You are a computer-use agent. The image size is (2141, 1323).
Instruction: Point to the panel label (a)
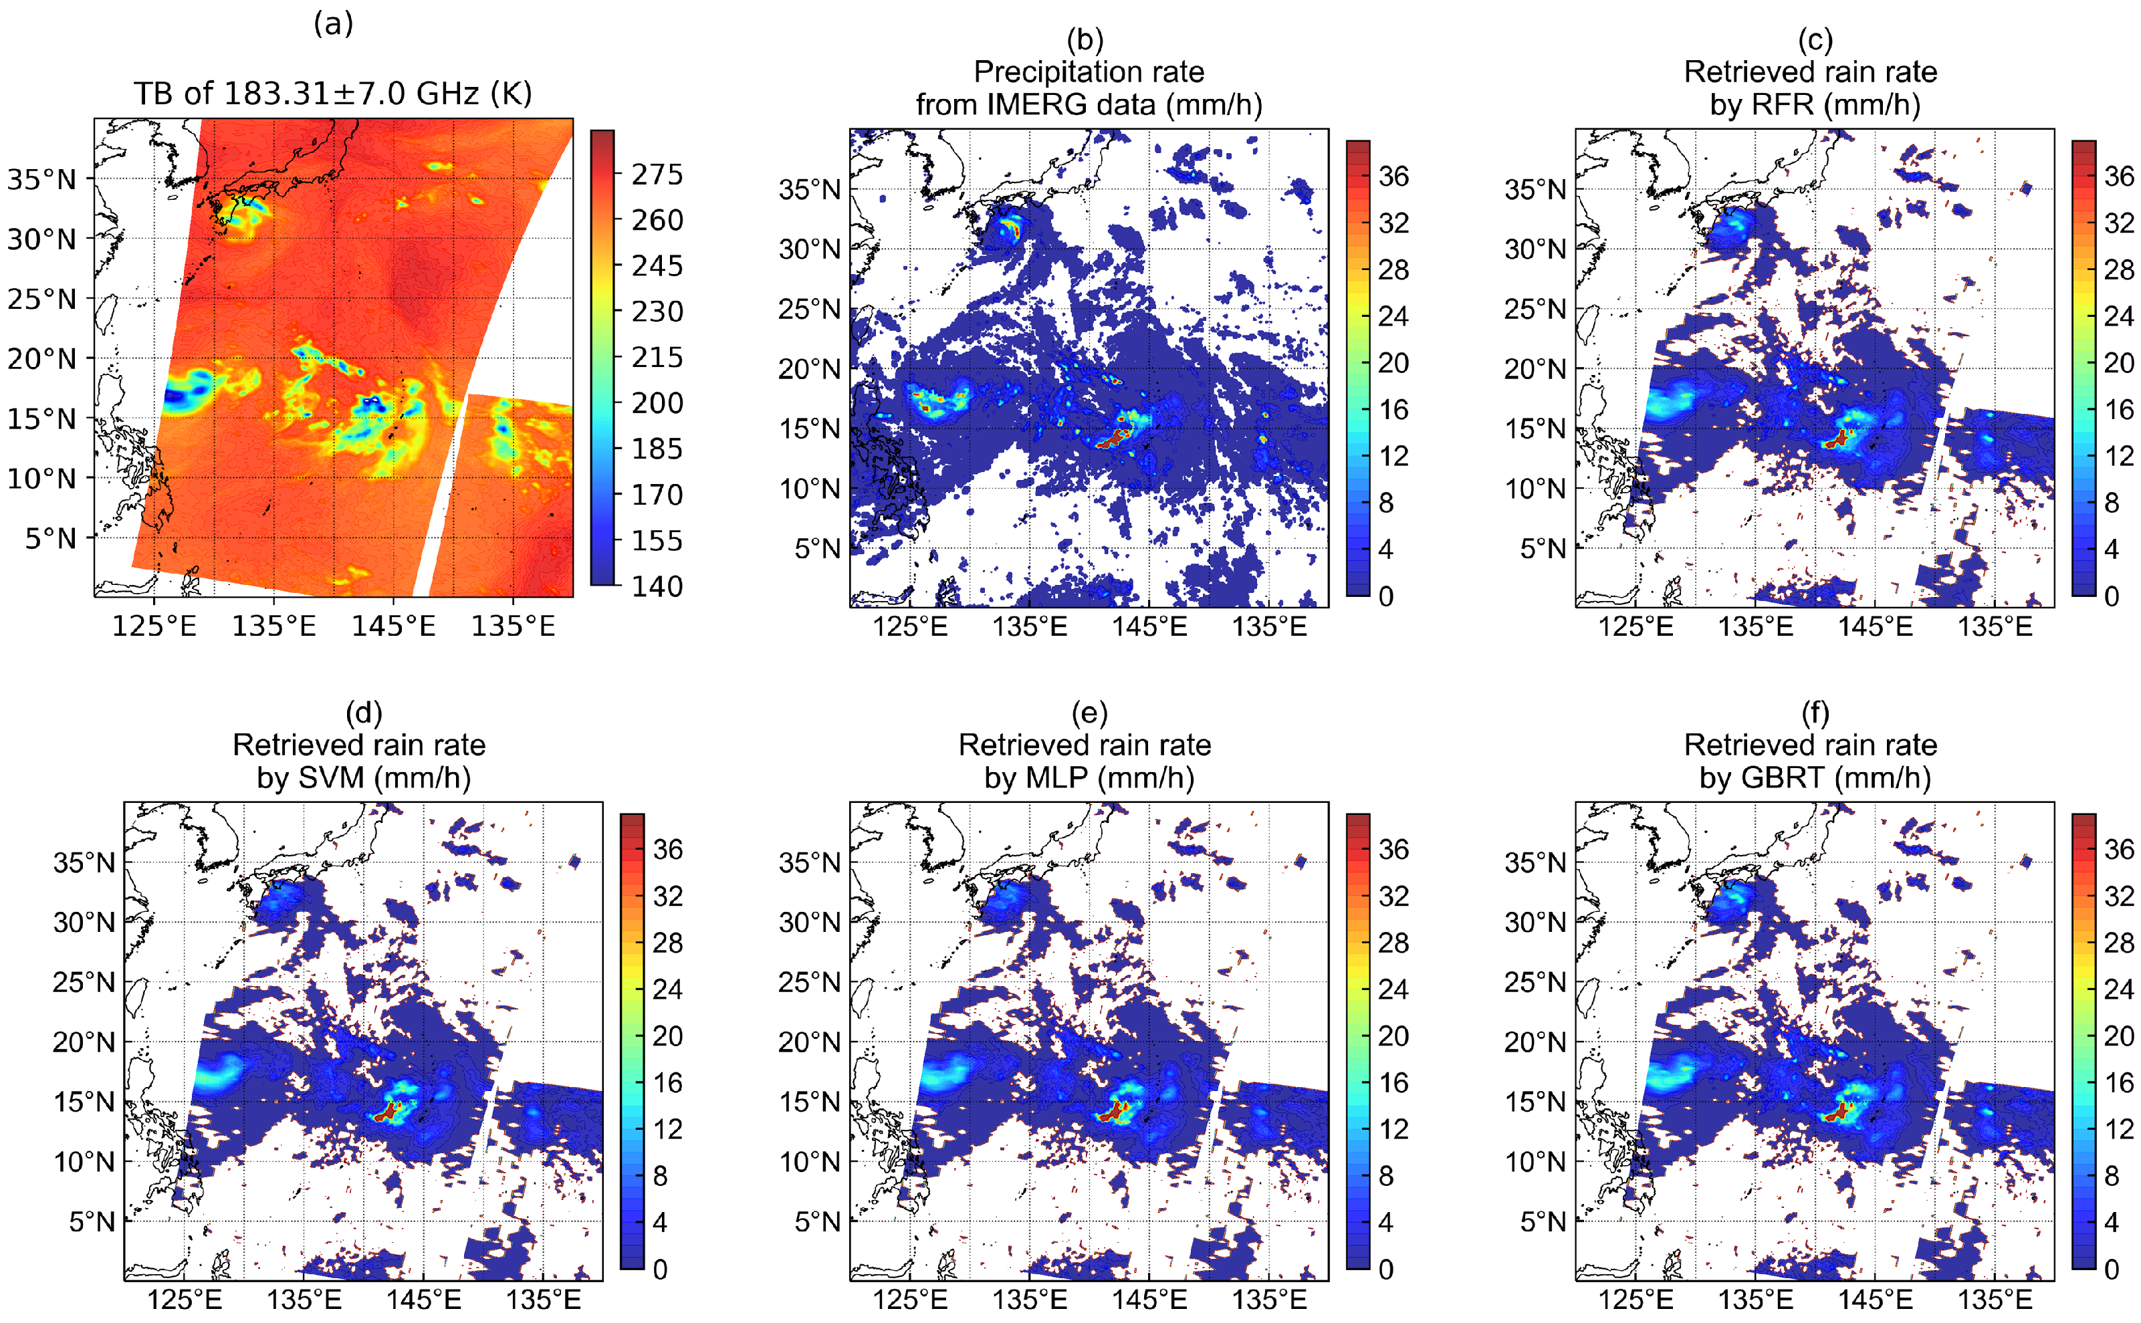coord(334,23)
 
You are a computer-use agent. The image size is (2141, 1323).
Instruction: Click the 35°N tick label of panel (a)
coord(41,179)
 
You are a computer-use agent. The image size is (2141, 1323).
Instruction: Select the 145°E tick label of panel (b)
coord(1149,626)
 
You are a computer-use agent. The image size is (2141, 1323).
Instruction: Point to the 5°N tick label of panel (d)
coord(92,1221)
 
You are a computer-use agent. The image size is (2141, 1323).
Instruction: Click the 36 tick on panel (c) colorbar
coord(2118,176)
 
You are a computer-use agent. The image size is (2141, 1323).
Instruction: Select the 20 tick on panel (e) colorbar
coord(1393,1037)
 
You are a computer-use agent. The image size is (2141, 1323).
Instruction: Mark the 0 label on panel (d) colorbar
coord(660,1270)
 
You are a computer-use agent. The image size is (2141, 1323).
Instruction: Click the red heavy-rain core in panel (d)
coord(386,1113)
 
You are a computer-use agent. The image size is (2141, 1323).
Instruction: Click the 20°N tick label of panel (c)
coord(1535,369)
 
